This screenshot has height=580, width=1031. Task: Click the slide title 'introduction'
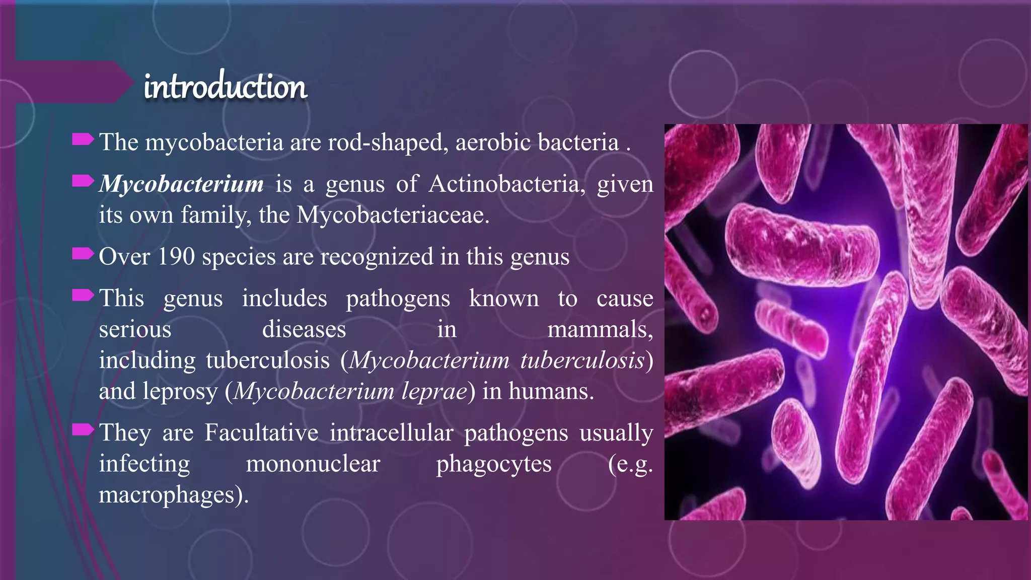coord(225,87)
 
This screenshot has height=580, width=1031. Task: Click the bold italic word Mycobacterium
coord(181,184)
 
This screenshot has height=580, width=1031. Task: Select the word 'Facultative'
coord(261,432)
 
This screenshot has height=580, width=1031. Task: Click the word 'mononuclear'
coord(313,464)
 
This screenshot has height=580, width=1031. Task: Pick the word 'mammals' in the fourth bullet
coord(599,330)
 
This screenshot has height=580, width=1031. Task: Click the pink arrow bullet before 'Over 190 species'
coord(83,254)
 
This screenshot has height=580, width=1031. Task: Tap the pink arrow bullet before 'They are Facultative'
coord(83,429)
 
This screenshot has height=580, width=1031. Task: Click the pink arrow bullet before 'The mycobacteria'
coord(83,139)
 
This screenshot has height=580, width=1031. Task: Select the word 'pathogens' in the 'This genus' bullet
coord(398,299)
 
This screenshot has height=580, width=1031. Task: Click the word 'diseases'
coord(304,330)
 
